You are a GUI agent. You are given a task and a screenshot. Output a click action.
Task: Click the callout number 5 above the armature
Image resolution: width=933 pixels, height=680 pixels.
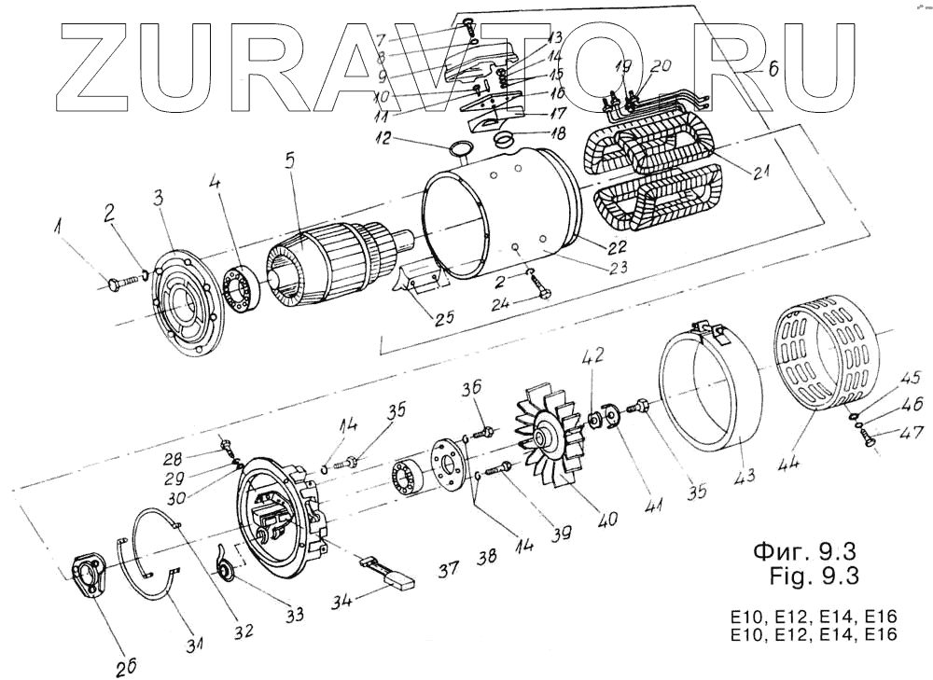coord(290,160)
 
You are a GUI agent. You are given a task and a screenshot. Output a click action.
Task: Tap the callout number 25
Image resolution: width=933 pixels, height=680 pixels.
coord(444,318)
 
